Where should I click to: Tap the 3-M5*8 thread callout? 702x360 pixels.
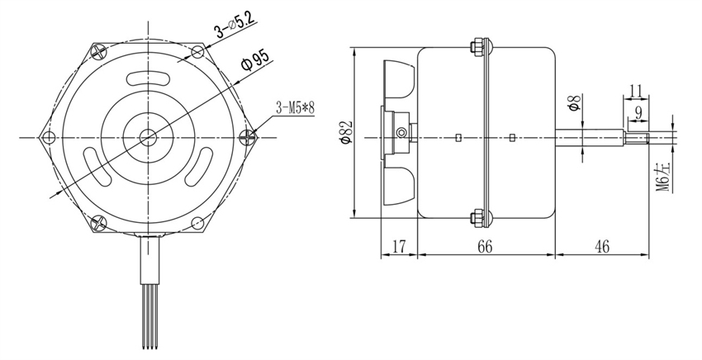coord(296,107)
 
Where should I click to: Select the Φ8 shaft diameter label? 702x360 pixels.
coord(572,104)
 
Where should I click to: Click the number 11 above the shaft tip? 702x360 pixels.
coord(636,88)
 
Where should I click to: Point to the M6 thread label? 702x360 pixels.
coord(662,175)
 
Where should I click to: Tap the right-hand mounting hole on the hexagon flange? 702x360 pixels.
coord(247,136)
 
